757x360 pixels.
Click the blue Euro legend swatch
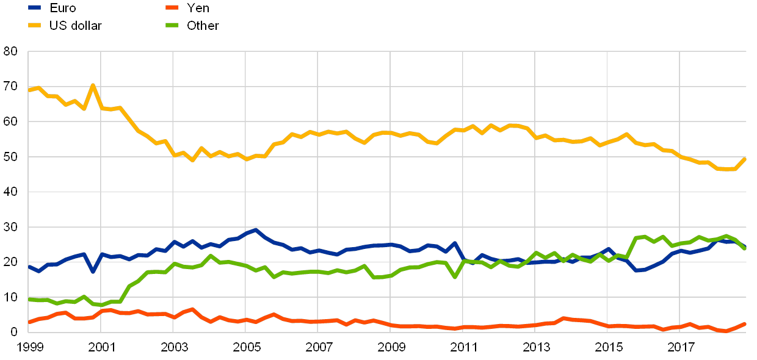[35, 8]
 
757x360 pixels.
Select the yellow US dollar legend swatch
[35, 26]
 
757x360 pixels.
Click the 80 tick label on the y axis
[10, 52]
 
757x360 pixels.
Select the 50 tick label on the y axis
[10, 157]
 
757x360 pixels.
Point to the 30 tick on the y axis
[10, 227]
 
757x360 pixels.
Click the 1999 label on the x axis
[29, 347]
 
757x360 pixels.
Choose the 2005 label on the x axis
[245, 347]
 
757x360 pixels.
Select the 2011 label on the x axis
[463, 347]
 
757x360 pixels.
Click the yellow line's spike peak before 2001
[92, 85]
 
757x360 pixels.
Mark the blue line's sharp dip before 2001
[93, 271]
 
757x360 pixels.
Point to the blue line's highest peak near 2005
[255, 230]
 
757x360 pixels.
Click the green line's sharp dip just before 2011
[455, 277]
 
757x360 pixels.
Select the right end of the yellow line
[745, 159]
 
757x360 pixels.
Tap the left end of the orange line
[29, 322]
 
